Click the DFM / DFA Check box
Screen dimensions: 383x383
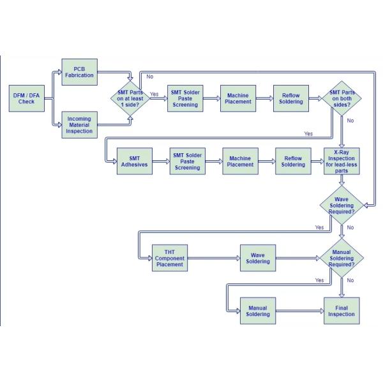point(27,98)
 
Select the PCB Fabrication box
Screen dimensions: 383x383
point(79,72)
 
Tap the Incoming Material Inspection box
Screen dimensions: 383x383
point(79,125)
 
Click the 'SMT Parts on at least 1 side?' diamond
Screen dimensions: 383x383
point(130,98)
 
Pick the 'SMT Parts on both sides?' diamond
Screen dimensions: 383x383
point(342,98)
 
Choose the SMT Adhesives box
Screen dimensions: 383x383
point(135,161)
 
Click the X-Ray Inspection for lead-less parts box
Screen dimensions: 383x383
point(342,161)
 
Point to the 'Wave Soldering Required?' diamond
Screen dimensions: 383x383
point(342,205)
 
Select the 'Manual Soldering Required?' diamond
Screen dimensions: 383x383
point(342,258)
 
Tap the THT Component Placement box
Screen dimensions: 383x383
point(170,258)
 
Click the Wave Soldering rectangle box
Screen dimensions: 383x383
point(258,258)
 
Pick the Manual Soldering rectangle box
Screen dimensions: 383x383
point(258,311)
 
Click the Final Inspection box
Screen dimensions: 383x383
point(342,311)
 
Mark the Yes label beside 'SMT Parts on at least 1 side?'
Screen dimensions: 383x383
point(154,94)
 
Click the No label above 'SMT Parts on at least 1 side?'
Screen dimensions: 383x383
point(150,77)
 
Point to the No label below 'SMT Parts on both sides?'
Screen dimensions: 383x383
point(350,121)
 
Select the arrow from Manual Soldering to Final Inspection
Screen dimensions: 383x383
point(300,311)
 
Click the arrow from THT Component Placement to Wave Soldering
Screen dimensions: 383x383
point(214,258)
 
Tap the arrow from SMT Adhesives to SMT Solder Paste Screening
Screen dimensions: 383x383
point(161,161)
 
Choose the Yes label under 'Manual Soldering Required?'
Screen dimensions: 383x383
point(319,280)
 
